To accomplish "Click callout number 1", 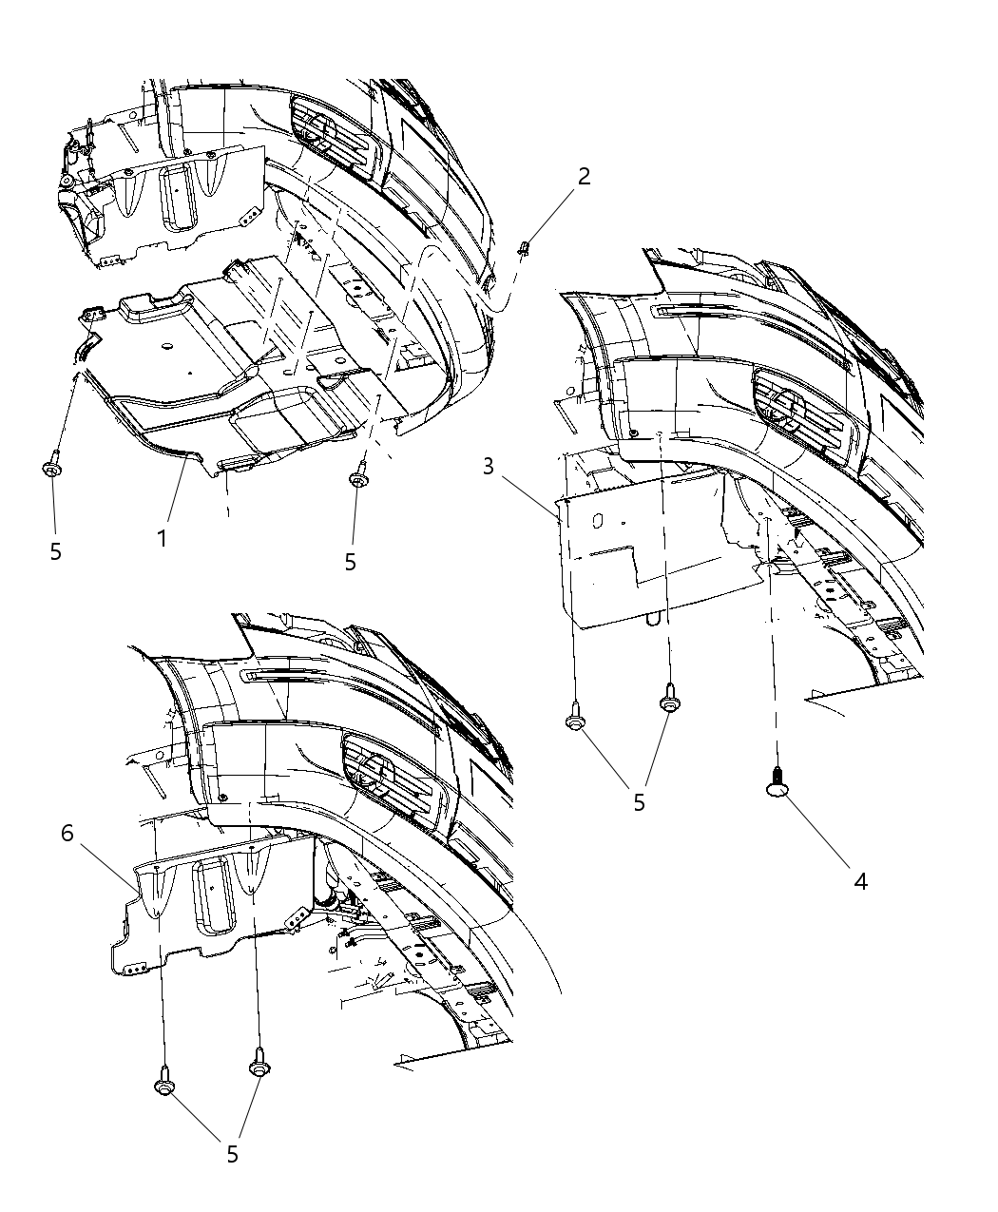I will pyautogui.click(x=163, y=538).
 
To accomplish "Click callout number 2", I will pyautogui.click(x=584, y=176).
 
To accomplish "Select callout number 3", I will pyautogui.click(x=488, y=467).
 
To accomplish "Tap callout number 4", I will pyautogui.click(x=860, y=881).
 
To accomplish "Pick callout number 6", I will pyautogui.click(x=67, y=834).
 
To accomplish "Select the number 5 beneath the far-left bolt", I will pyautogui.click(x=55, y=551).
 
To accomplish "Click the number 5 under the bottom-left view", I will pyautogui.click(x=232, y=1154).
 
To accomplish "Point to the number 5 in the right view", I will pyautogui.click(x=639, y=802).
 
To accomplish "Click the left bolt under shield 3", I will pyautogui.click(x=575, y=719).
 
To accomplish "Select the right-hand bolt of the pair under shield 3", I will pyautogui.click(x=669, y=699).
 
